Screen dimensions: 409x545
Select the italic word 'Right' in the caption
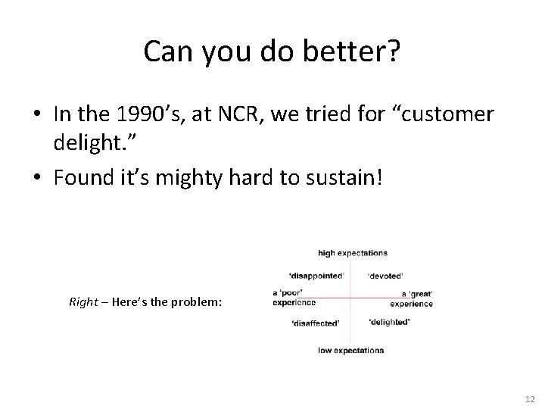[x=83, y=301]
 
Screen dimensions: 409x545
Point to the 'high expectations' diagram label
[x=353, y=253]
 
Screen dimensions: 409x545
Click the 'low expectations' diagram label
[x=351, y=350]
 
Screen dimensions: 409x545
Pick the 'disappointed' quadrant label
[x=316, y=275]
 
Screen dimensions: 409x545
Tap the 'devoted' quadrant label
[x=385, y=275]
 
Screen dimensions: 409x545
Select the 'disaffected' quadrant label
[x=316, y=323]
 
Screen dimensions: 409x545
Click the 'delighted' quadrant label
[x=389, y=322]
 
